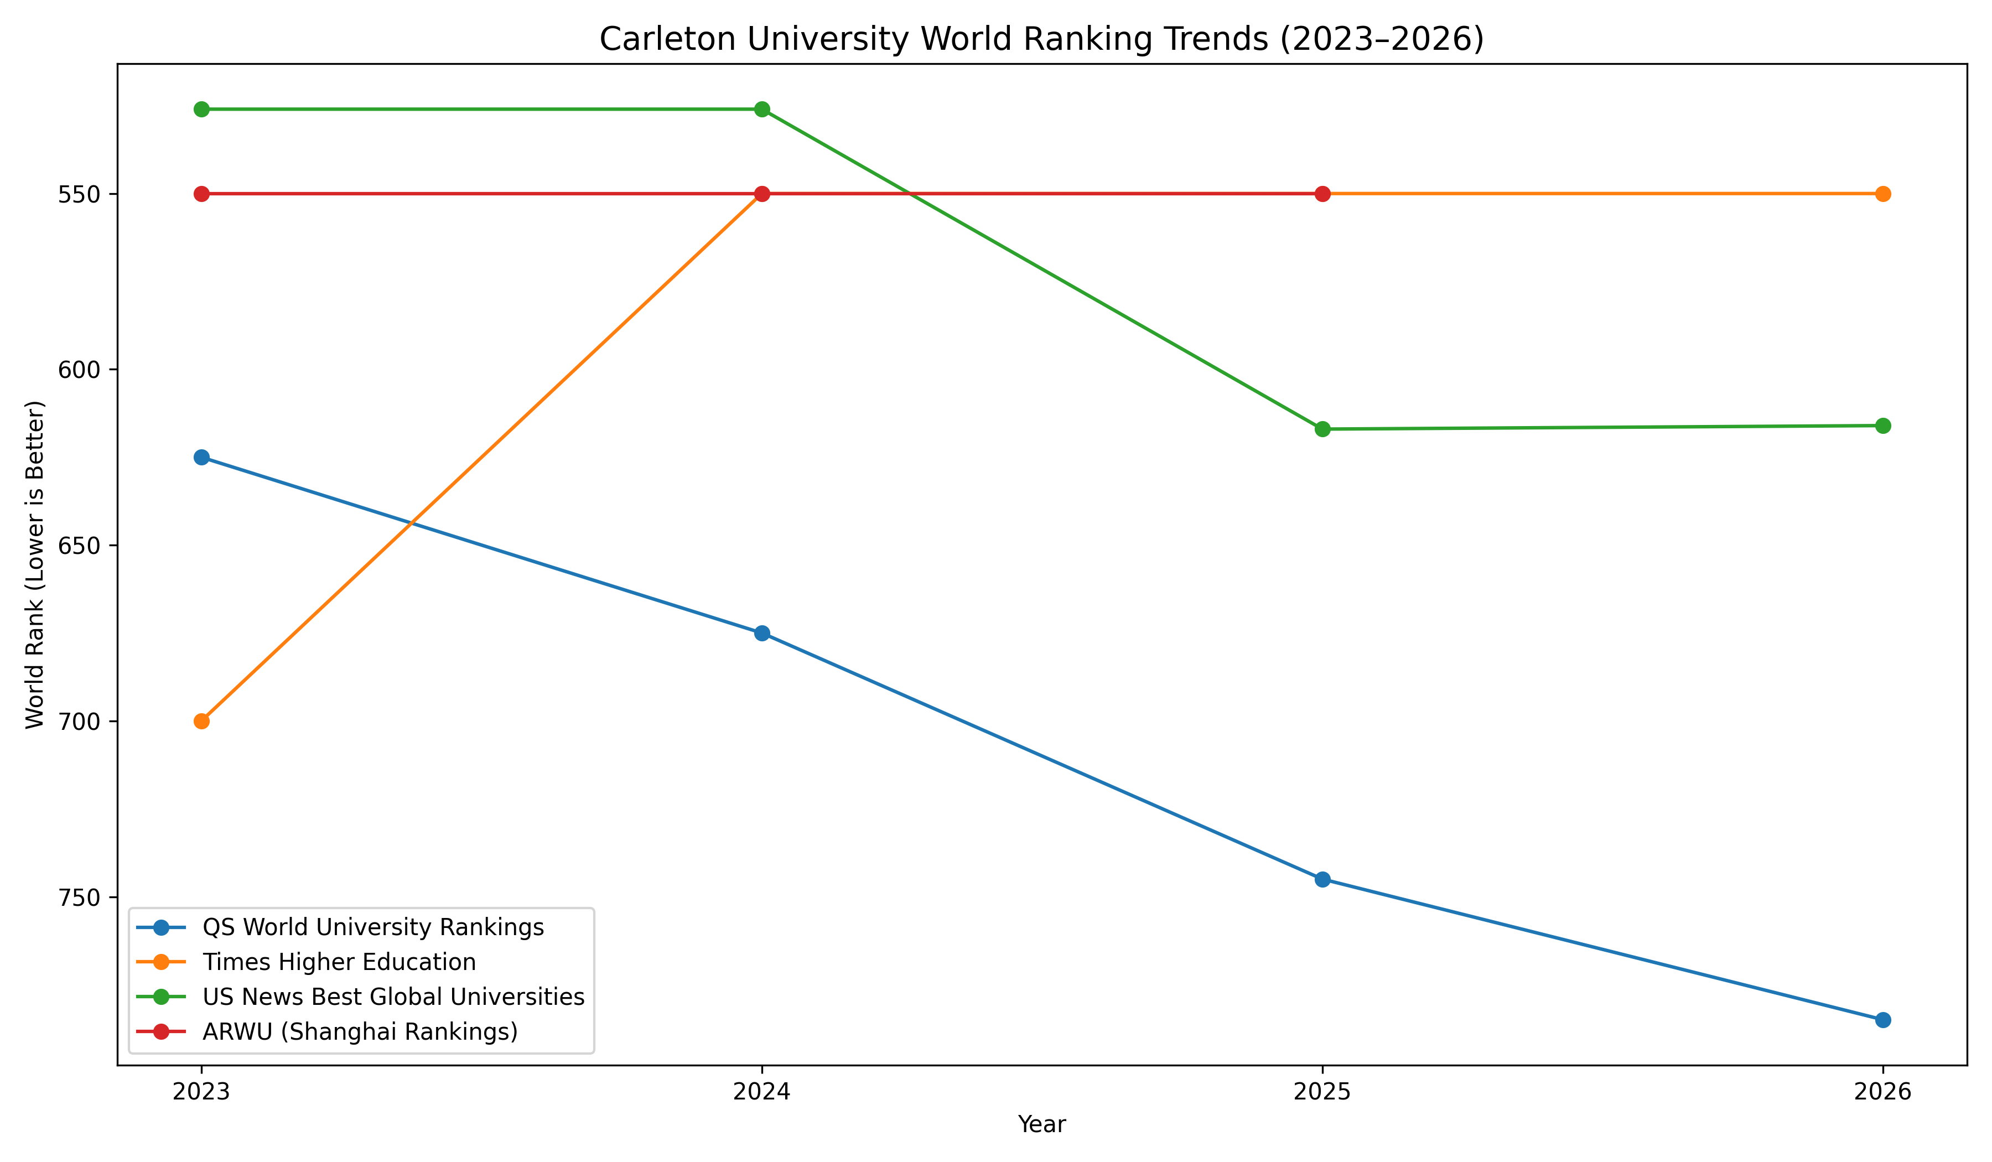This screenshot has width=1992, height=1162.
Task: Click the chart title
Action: (1041, 39)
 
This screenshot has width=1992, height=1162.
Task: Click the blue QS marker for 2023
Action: (201, 457)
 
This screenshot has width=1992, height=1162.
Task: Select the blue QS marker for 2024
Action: (762, 633)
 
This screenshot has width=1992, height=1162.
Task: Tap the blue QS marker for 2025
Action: (1322, 879)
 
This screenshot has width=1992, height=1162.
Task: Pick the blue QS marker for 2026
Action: (1883, 1020)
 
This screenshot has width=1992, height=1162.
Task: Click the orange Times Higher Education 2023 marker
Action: (201, 721)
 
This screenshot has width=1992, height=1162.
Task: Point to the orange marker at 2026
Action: (1883, 194)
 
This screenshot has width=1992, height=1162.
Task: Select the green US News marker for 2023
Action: (201, 109)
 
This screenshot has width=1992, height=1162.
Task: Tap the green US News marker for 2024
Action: (762, 109)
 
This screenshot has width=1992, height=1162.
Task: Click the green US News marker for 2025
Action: (1322, 429)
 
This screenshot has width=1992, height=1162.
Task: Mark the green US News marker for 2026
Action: (1883, 426)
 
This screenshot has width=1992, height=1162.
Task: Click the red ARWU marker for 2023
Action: (201, 194)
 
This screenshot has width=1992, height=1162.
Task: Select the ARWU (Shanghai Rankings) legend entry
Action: (360, 1031)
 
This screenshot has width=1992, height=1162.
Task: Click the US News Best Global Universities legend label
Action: (393, 997)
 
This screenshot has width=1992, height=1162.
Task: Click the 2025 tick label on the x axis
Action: (1322, 1092)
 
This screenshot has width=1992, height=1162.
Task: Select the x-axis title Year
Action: (1041, 1124)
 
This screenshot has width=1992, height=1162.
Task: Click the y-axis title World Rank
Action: (35, 564)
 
